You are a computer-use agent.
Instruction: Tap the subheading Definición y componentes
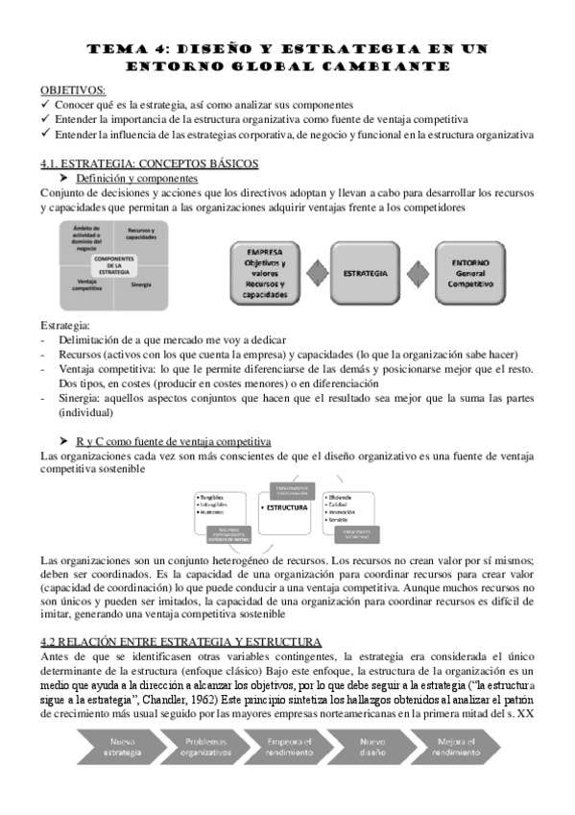coord(136,178)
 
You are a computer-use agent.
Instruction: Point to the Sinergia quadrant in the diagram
coord(141,284)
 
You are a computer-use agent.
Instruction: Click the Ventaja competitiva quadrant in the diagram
coord(86,286)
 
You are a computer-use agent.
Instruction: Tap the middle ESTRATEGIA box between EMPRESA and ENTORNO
coord(365,273)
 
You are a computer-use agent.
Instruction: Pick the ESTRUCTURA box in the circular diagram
coord(286,506)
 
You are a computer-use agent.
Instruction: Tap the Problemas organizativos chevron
coord(204,746)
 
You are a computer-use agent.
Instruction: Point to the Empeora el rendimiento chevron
coord(289,746)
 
